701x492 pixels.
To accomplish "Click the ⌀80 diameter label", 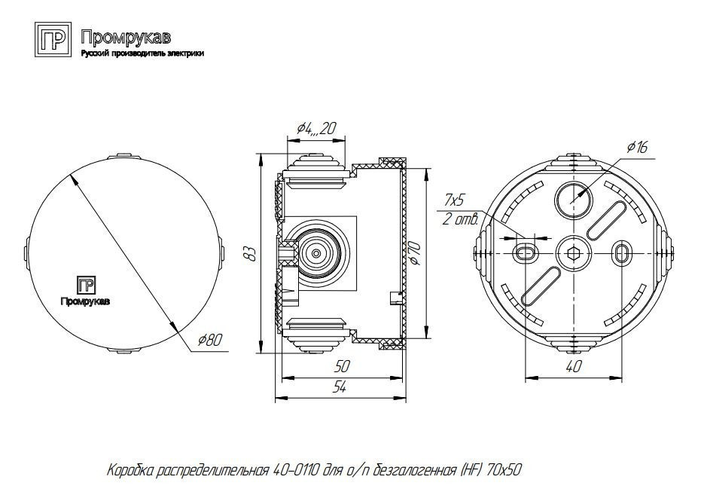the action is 209,341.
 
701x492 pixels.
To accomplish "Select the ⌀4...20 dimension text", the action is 316,129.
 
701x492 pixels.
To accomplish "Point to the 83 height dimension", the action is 251,252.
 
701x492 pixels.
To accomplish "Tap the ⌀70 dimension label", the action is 414,252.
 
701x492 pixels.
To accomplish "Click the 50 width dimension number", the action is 342,366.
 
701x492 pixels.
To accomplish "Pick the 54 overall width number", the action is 340,387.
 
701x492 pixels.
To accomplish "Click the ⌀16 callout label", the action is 638,146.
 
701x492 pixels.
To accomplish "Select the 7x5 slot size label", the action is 454,200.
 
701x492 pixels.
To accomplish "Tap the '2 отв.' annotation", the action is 460,219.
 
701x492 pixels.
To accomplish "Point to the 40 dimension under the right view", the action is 574,367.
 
